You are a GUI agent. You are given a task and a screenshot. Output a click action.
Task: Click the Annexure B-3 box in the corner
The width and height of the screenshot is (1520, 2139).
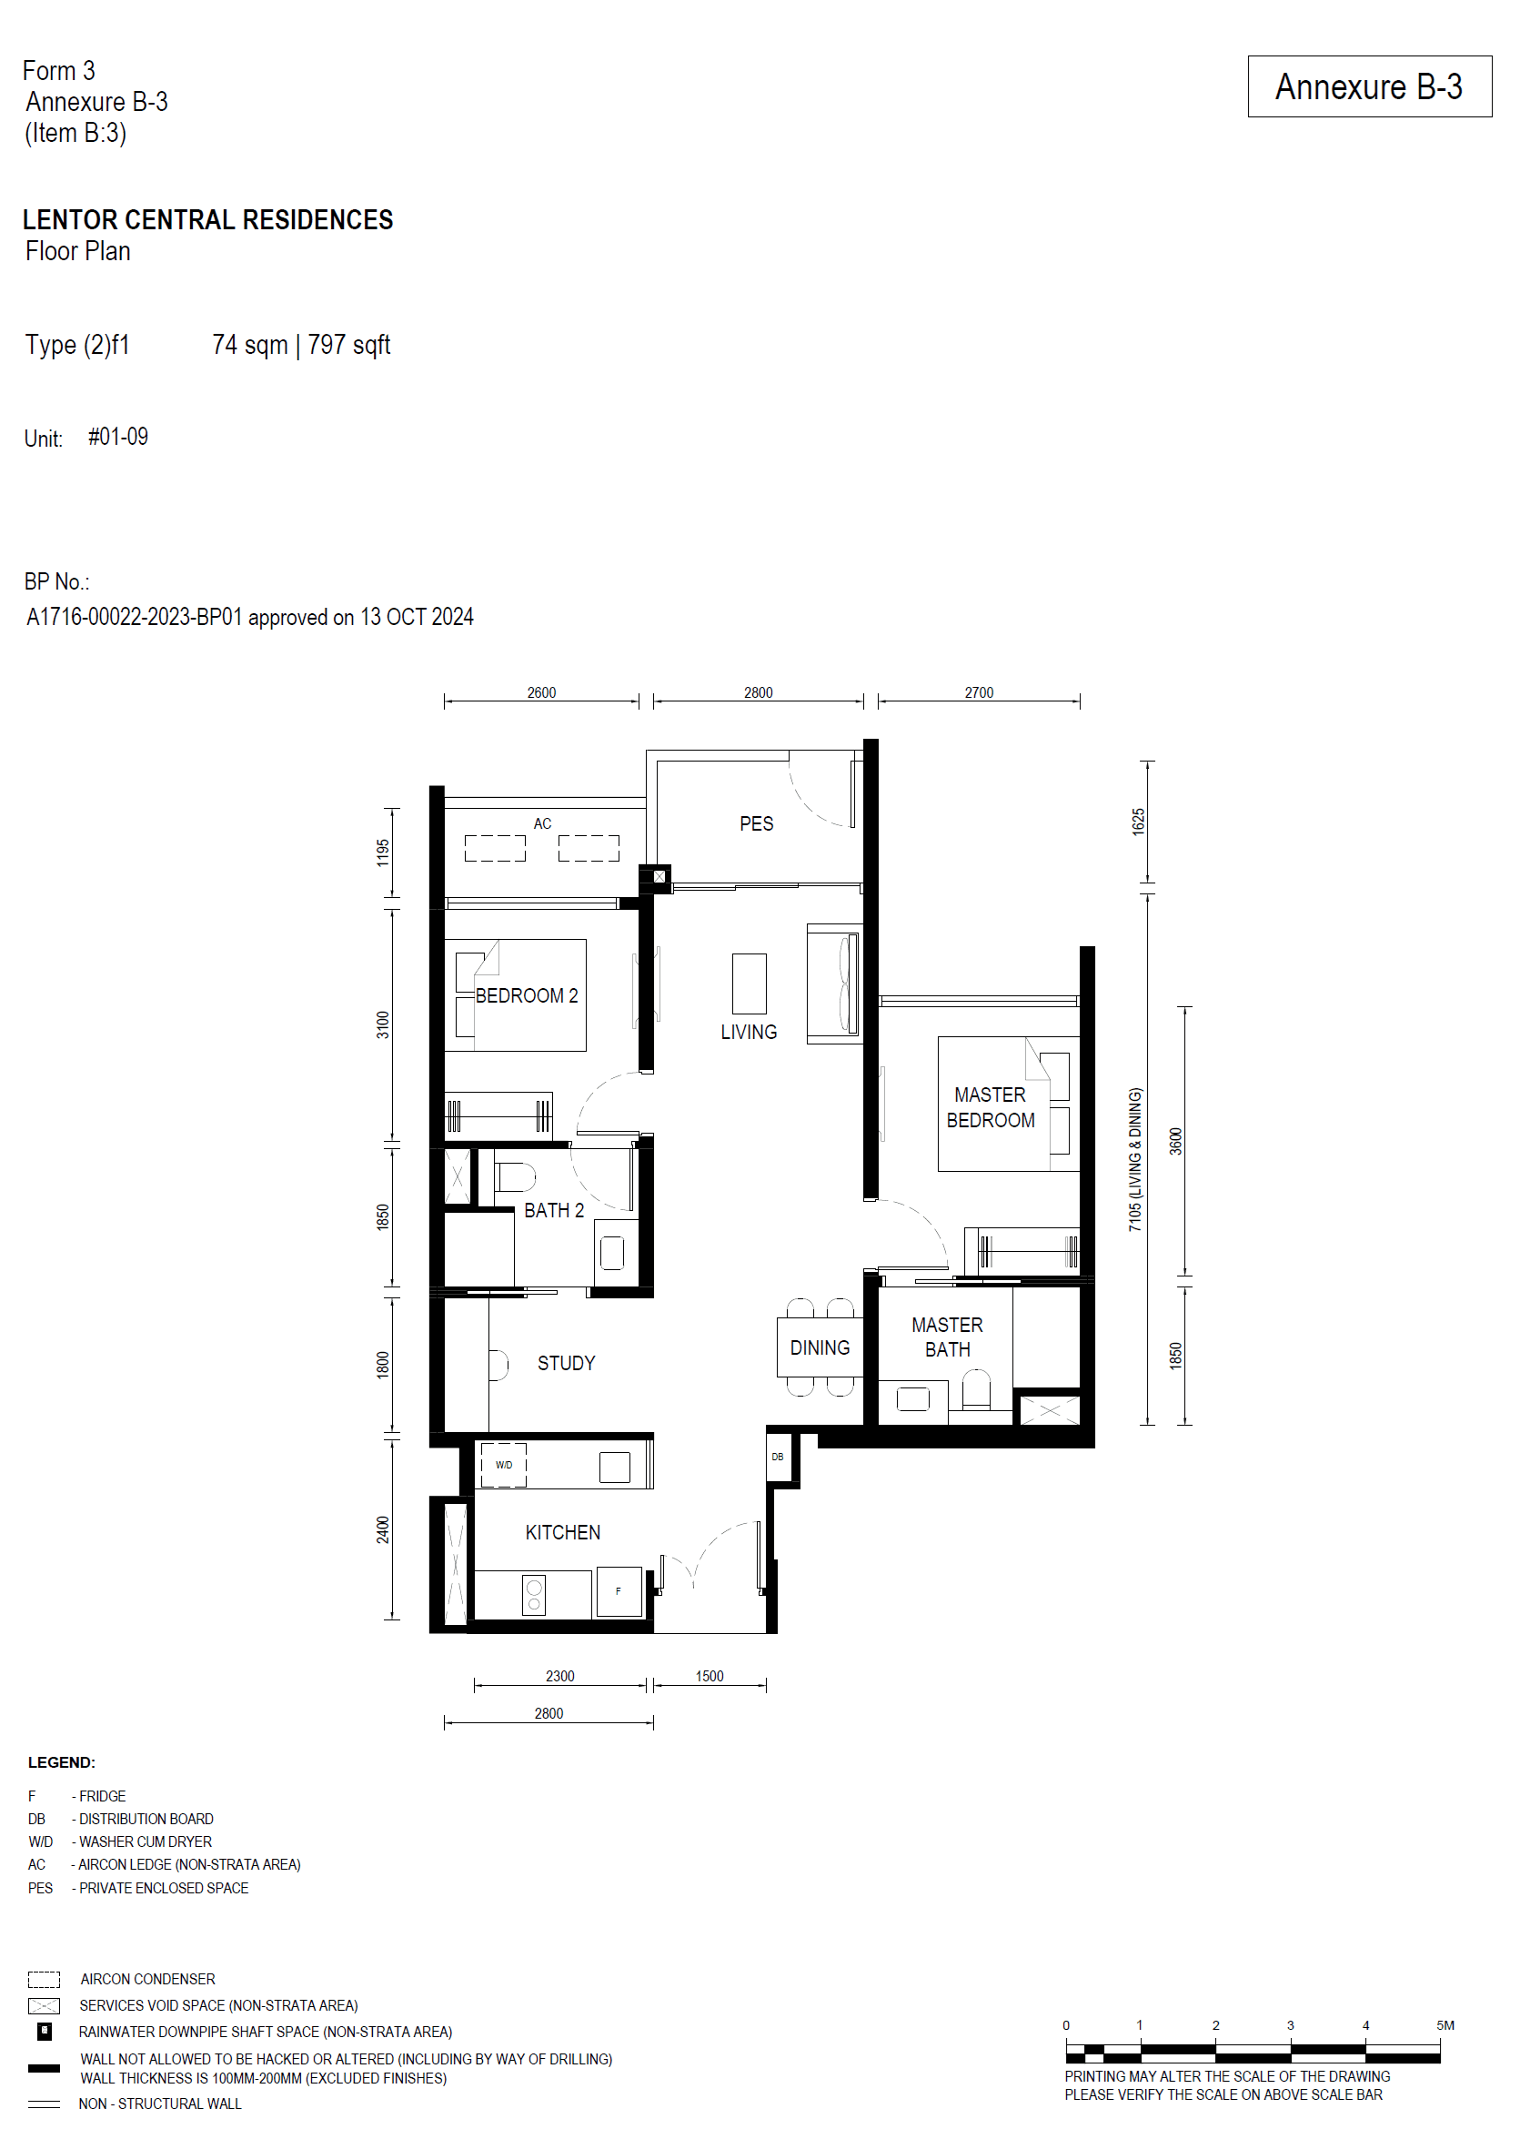[1368, 86]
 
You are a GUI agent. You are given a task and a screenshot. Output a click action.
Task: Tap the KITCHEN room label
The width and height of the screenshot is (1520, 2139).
[561, 1532]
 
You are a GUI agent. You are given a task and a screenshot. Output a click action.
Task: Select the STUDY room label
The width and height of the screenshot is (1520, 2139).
[565, 1363]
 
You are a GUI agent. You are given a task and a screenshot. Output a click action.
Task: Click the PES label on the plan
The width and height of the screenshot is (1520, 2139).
[755, 823]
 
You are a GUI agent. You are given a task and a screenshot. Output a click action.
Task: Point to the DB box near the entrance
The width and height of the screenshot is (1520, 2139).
[777, 1457]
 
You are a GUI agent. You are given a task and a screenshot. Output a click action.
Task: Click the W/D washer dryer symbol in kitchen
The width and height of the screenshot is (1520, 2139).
[504, 1465]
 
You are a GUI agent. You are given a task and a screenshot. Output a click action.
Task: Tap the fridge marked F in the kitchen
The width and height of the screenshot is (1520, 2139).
[619, 1591]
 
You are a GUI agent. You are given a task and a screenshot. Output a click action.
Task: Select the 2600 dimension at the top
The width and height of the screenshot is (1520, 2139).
[541, 692]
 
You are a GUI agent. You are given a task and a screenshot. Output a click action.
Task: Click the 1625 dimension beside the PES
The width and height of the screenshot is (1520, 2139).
[1138, 821]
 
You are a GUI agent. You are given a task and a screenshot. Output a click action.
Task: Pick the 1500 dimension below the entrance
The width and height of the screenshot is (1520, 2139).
[709, 1676]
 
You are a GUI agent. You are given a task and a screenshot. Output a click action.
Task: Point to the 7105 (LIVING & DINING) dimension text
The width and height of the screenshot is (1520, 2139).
[1135, 1159]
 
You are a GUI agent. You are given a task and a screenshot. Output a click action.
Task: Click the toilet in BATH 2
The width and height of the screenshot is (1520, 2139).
[514, 1176]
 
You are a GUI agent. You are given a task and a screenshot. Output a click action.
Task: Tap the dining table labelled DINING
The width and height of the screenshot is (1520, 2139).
[819, 1348]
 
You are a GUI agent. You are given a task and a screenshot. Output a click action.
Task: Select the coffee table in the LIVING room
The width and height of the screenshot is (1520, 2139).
[749, 983]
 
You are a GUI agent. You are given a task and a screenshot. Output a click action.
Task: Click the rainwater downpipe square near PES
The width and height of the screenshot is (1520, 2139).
[659, 876]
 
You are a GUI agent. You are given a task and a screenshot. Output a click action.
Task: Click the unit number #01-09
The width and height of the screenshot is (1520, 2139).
[118, 437]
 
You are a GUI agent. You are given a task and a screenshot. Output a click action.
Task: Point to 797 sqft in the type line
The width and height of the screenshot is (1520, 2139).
[348, 346]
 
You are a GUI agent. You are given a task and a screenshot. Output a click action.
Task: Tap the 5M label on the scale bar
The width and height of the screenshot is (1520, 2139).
[1445, 2024]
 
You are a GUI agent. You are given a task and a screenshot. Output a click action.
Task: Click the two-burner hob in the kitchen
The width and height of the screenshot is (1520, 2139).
[533, 1595]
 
